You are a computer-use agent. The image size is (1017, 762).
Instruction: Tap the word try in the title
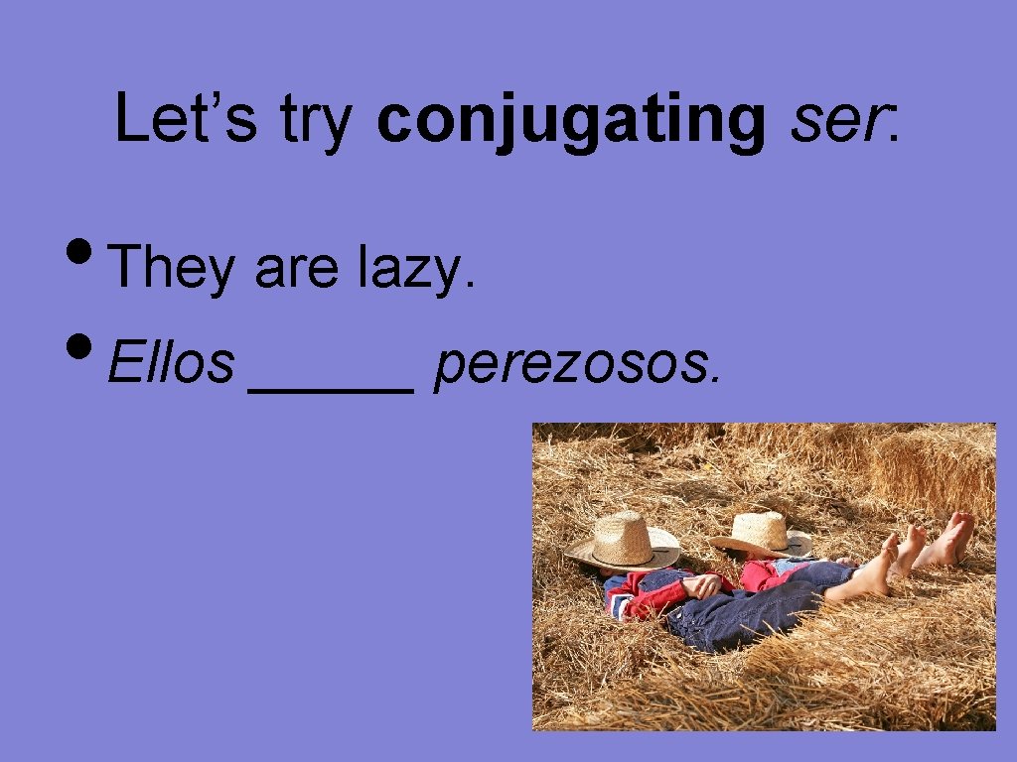pos(317,120)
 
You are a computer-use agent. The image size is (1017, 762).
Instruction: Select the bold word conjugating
pos(571,120)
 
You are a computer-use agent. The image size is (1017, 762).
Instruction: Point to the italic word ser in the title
pos(840,120)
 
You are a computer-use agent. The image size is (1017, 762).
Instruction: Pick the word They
pos(172,268)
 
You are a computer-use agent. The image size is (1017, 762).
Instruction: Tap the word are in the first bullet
pos(297,270)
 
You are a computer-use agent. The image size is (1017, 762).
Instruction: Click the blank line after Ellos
pos(331,390)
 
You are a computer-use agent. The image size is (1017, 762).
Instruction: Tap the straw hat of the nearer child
pos(624,541)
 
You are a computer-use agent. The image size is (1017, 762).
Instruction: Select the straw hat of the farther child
pos(762,533)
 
